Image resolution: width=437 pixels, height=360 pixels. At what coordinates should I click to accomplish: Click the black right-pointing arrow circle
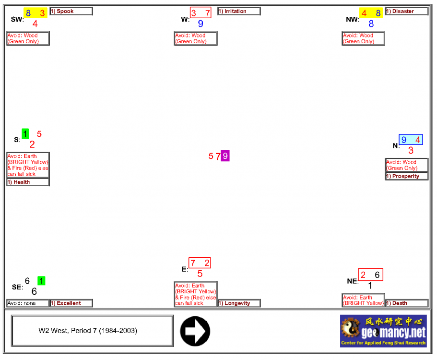pyautogui.click(x=195, y=331)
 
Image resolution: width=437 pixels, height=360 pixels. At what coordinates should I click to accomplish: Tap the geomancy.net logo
pyautogui.click(x=383, y=331)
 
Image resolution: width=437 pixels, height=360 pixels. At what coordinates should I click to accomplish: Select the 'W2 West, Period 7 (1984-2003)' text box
pyautogui.click(x=92, y=331)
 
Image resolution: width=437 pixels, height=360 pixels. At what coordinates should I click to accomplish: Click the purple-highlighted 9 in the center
pyautogui.click(x=225, y=156)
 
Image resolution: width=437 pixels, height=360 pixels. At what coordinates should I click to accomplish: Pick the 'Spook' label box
pyautogui.click(x=71, y=11)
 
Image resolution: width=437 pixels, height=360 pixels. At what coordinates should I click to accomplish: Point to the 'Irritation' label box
pyautogui.click(x=239, y=11)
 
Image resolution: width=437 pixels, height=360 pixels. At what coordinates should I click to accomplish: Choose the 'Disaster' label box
pyautogui.click(x=406, y=11)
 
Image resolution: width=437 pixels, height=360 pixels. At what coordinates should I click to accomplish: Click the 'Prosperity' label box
pyautogui.click(x=406, y=176)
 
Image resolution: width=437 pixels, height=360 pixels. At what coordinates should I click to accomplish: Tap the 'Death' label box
pyautogui.click(x=406, y=303)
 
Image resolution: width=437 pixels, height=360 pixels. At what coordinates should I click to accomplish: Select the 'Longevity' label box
pyautogui.click(x=239, y=303)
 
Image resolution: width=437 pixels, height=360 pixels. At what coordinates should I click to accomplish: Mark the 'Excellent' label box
pyautogui.click(x=71, y=303)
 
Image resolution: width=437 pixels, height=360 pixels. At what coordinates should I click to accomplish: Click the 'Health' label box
pyautogui.click(x=28, y=182)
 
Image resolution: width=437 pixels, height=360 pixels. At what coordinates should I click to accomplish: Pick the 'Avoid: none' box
pyautogui.click(x=28, y=303)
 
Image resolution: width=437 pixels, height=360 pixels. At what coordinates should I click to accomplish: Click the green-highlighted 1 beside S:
pyautogui.click(x=25, y=134)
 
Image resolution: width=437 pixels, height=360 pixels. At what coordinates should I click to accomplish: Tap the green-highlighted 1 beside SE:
pyautogui.click(x=41, y=281)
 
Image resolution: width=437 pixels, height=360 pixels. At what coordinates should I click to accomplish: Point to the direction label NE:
pyautogui.click(x=353, y=281)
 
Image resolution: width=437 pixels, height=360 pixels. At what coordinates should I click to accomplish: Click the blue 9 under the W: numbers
pyautogui.click(x=201, y=24)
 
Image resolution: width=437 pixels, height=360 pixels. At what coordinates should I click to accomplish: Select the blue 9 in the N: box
pyautogui.click(x=404, y=140)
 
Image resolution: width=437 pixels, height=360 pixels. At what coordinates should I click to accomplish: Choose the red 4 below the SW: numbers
pyautogui.click(x=35, y=24)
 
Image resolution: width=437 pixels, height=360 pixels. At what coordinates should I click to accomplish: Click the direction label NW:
pyautogui.click(x=352, y=20)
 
